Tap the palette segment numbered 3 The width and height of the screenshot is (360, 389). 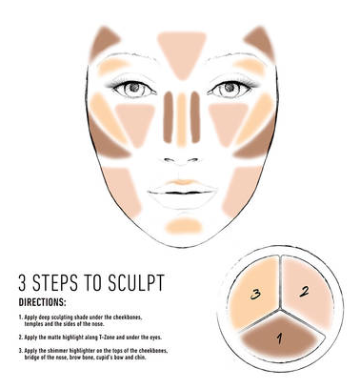pyautogui.click(x=254, y=294)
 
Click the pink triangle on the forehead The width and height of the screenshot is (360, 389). pyautogui.click(x=182, y=52)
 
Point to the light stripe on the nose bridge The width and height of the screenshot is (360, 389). pyautogui.click(x=181, y=119)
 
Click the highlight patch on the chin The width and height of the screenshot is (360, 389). pyautogui.click(x=184, y=226)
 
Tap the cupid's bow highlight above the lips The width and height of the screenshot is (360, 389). pyautogui.click(x=181, y=182)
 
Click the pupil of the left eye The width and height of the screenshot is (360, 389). pyautogui.click(x=134, y=87)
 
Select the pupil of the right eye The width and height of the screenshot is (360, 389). pyautogui.click(x=230, y=87)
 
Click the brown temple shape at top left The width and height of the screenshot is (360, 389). pyautogui.click(x=103, y=43)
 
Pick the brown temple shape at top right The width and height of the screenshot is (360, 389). pyautogui.click(x=260, y=43)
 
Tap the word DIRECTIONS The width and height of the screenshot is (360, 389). pyautogui.click(x=42, y=302)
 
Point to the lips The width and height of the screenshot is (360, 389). pyautogui.click(x=182, y=194)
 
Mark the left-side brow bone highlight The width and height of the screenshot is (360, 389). pyautogui.click(x=113, y=66)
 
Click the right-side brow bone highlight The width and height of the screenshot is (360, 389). pyautogui.click(x=250, y=66)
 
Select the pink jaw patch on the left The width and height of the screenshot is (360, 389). pyautogui.click(x=122, y=192)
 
